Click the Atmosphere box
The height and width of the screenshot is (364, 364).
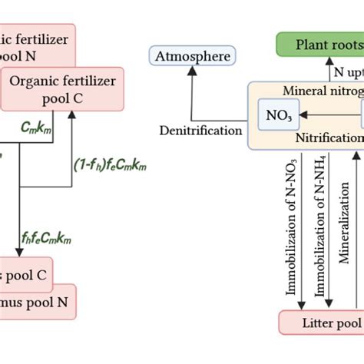(x=192, y=57)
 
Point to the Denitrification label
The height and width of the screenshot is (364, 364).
(x=200, y=131)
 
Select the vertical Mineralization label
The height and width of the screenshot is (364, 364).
(x=343, y=230)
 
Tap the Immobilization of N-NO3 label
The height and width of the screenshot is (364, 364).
(x=293, y=230)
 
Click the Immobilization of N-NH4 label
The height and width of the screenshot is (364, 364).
(x=319, y=230)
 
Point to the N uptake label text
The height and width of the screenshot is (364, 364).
(x=349, y=71)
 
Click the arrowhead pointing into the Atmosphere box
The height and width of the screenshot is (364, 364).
(x=192, y=71)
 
